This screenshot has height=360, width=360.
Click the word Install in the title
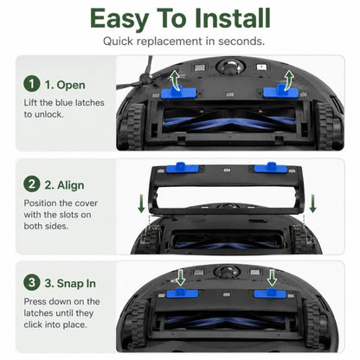(233, 18)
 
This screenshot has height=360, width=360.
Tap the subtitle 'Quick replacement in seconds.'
(183, 41)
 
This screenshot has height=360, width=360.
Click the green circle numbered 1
(31, 84)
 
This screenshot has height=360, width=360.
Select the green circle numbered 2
(31, 183)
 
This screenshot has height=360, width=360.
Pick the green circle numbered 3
(31, 282)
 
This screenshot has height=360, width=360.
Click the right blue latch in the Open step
(280, 90)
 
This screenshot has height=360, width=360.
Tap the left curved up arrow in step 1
(174, 79)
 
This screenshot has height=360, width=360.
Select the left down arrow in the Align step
(141, 203)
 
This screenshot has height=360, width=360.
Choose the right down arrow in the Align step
(312, 203)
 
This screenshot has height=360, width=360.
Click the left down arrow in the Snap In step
(181, 278)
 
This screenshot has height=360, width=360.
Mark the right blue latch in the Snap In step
(270, 292)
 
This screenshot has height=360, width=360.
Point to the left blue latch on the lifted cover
(183, 168)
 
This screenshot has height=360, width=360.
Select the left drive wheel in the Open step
(132, 126)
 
